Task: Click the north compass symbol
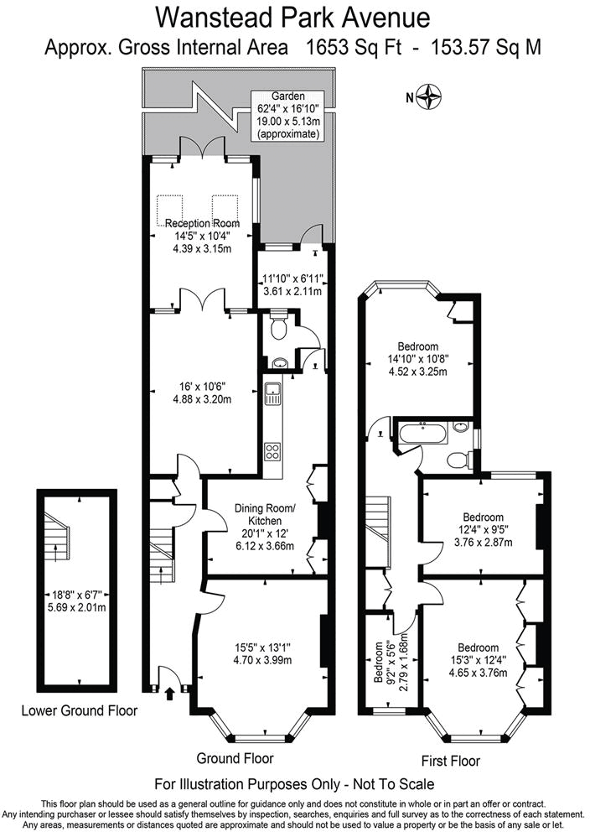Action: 432,97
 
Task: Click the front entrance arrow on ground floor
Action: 170,693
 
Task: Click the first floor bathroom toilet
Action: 458,460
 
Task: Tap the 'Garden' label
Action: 288,97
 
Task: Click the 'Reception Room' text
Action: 202,224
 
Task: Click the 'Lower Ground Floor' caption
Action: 80,711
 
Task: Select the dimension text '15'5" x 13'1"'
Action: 263,647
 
